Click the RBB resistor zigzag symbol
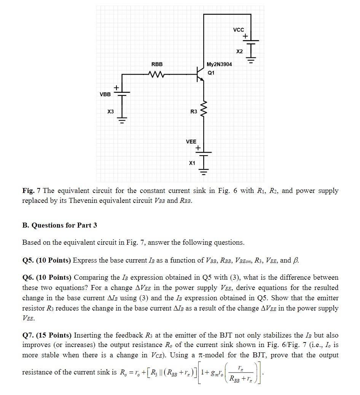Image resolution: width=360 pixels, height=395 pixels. pos(157,75)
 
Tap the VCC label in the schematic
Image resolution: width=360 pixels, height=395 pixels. pos(239,30)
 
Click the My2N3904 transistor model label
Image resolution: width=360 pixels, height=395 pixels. pos(219,64)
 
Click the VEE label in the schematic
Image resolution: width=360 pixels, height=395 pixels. pos(191,142)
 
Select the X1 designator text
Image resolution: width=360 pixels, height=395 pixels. pos(192,163)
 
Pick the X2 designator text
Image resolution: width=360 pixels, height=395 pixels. pos(239,51)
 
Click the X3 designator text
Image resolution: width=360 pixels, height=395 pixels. pos(110,111)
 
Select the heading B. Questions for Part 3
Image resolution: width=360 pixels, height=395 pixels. pos(60,225)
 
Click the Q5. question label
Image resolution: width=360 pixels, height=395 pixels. pos(29,260)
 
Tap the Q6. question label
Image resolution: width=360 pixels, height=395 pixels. pos(29,277)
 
